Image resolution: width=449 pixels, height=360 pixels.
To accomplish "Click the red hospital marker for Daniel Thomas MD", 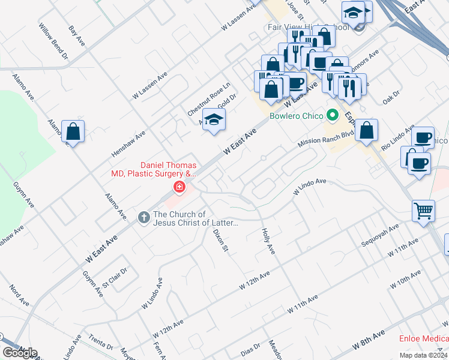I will pyautogui.click(x=178, y=188).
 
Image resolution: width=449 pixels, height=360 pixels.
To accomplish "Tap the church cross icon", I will pyautogui.click(x=143, y=217).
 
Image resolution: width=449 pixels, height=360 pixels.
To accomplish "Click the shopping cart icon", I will pyautogui.click(x=423, y=211).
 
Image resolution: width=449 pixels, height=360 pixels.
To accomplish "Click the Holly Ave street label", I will pyautogui.click(x=268, y=241).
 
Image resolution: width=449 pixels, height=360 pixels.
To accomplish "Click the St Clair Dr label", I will pyautogui.click(x=114, y=278).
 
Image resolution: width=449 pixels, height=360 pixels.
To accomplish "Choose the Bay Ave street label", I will pyautogui.click(x=77, y=36).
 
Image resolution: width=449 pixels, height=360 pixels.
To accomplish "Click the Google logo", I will pyautogui.click(x=20, y=353).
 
